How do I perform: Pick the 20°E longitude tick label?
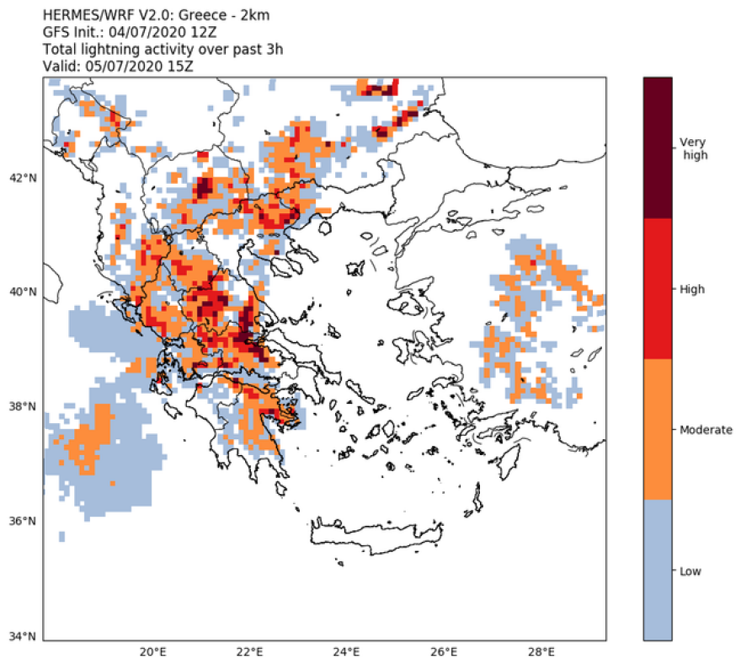[152, 652]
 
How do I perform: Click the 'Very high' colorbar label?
[695, 148]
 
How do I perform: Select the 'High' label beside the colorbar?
[692, 289]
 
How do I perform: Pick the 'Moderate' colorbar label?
[706, 430]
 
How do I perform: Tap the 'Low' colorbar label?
[690, 571]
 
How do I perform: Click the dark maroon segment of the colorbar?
[658, 147]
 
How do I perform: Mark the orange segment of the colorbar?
[658, 430]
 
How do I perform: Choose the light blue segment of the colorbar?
[658, 571]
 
